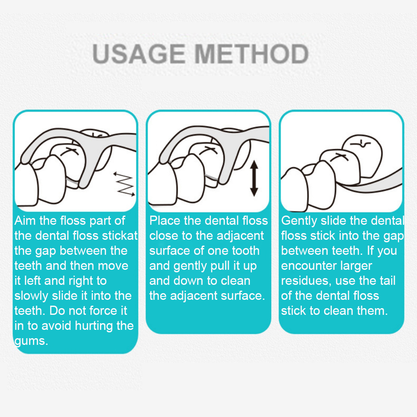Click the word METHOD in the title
(251, 54)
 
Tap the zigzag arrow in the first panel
(124, 184)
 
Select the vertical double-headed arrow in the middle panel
(254, 178)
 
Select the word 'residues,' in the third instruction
(306, 281)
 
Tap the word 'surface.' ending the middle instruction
(243, 296)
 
